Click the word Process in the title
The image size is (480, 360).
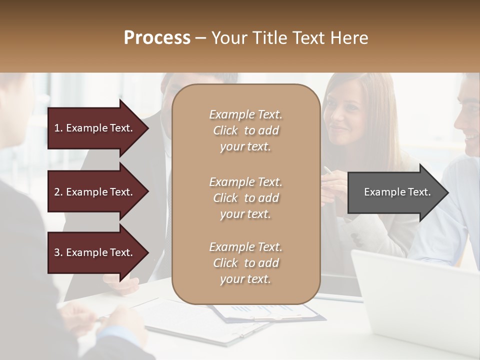[x=157, y=38]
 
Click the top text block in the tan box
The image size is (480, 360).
[x=245, y=130]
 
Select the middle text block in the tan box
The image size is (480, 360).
[x=245, y=198]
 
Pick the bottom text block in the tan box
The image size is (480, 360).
[x=245, y=263]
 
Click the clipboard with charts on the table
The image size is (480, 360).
[x=270, y=313]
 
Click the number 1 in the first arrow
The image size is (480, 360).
[x=56, y=128]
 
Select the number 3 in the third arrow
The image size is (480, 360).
[x=57, y=252]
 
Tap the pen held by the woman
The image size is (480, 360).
[x=327, y=170]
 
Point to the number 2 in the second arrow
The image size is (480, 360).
[x=57, y=192]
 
